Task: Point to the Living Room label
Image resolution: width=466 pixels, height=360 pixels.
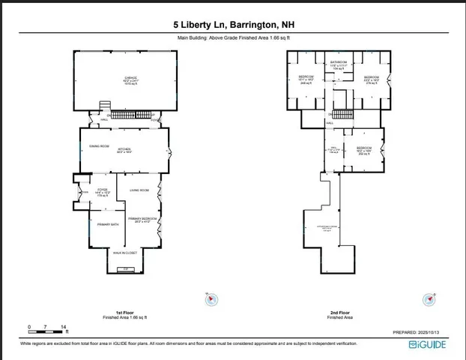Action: click(x=139, y=190)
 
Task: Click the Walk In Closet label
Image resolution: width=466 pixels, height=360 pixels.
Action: click(x=124, y=253)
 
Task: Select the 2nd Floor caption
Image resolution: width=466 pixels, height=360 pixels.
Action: click(x=340, y=312)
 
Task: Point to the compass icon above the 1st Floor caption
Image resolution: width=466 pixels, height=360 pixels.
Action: click(x=212, y=298)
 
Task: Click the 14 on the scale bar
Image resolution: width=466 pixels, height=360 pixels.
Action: click(x=64, y=327)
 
